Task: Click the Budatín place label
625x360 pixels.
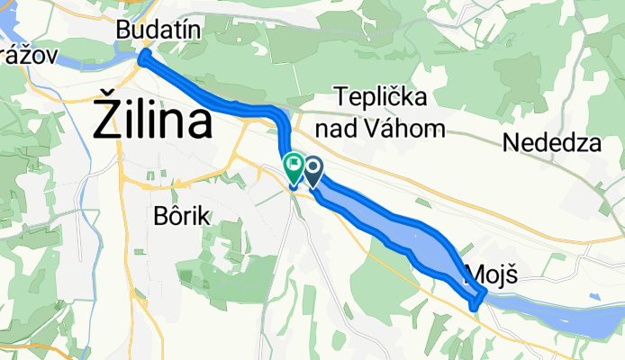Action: point(159,31)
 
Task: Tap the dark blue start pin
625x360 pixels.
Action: point(313,168)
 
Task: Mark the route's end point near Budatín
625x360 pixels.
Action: point(142,59)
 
